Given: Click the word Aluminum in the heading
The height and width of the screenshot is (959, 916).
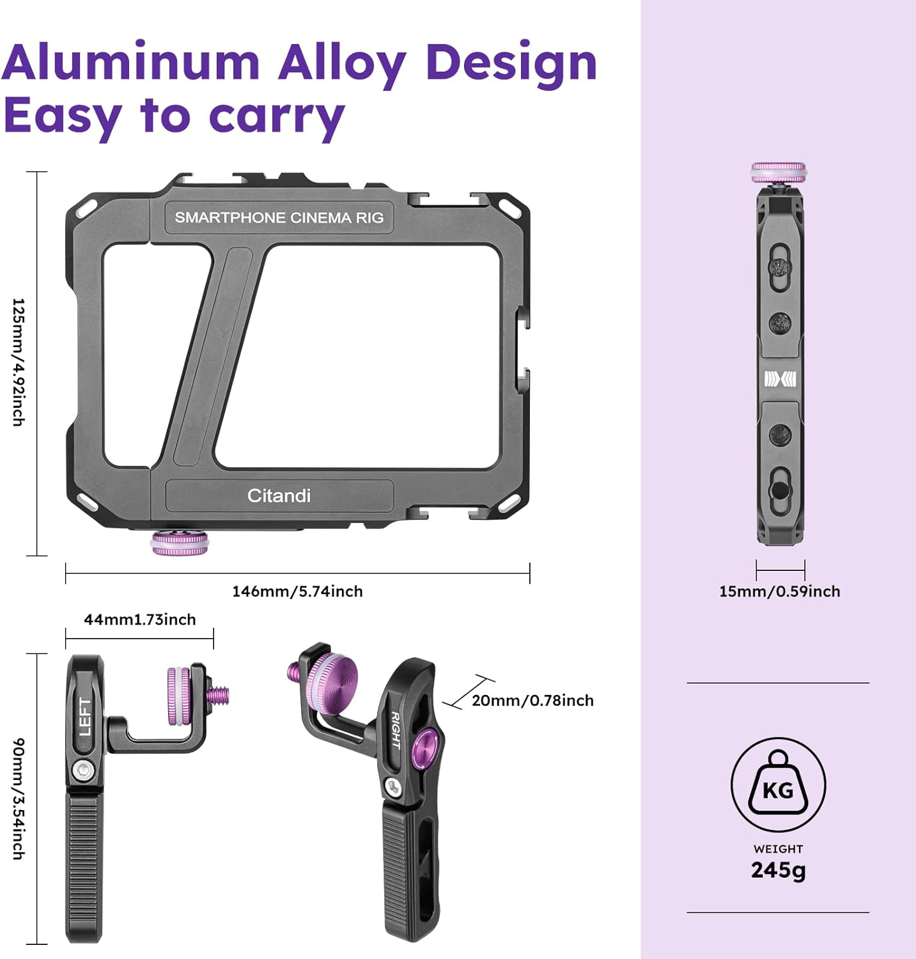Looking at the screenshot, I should [131, 63].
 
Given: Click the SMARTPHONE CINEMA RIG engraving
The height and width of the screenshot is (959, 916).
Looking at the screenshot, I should [279, 218].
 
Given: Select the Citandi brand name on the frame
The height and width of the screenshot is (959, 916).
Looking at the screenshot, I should [279, 495].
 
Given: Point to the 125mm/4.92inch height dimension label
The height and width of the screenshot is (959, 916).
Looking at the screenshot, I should [19, 362].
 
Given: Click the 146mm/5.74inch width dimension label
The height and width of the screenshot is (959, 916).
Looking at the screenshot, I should [297, 591].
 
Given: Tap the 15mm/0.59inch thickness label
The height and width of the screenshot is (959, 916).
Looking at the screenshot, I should [779, 591].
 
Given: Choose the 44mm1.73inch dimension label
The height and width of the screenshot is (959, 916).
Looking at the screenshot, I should [139, 620].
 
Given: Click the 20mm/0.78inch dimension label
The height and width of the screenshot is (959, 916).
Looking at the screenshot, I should [532, 701].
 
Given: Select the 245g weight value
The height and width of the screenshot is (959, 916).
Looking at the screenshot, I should [778, 870].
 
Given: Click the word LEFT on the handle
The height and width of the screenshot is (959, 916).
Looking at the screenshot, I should [84, 717].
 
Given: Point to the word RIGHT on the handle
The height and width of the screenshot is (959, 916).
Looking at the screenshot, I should [395, 730].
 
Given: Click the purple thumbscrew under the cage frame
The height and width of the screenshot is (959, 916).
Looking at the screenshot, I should [180, 543].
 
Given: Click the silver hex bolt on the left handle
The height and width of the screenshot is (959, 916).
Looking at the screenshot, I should [81, 771].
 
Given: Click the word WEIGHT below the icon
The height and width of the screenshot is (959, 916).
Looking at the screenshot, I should [778, 849].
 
